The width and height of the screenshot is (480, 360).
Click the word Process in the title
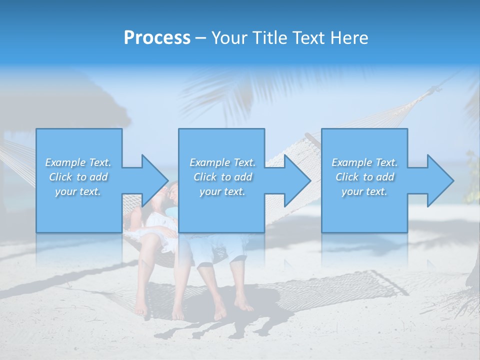157,38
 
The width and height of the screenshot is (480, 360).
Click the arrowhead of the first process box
155,180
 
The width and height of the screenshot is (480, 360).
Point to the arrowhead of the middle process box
298,180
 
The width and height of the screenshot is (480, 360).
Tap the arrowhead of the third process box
441,180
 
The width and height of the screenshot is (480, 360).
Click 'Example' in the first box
65,162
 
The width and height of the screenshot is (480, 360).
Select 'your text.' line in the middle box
222,191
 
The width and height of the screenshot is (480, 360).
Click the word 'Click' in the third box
347,177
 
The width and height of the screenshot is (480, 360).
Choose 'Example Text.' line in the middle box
222,162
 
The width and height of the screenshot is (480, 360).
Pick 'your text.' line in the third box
364,191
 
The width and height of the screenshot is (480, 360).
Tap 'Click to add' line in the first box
78,177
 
